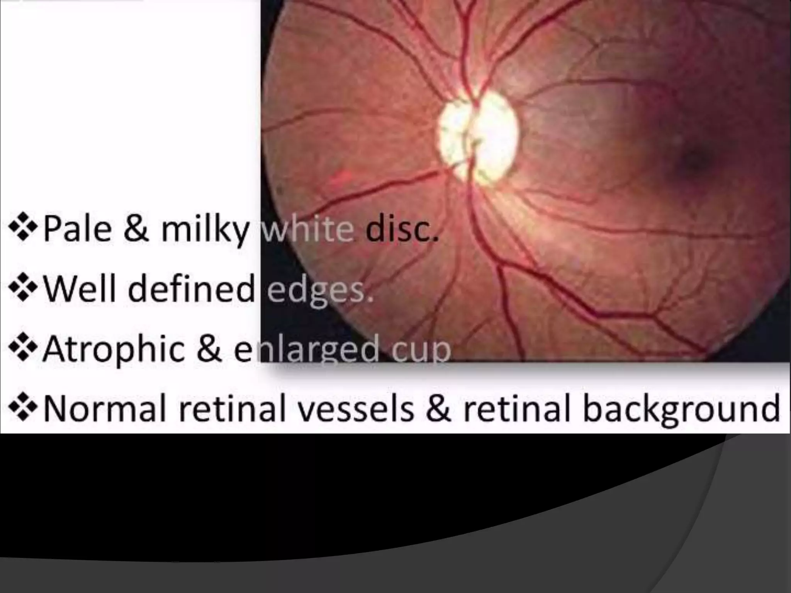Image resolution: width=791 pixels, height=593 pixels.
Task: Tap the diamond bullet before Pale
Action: (x=24, y=229)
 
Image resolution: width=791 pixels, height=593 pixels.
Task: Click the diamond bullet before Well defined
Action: (x=24, y=289)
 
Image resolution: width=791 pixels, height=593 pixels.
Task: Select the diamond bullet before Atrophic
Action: (x=24, y=349)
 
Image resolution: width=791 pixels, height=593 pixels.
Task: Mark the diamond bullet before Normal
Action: (x=24, y=409)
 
